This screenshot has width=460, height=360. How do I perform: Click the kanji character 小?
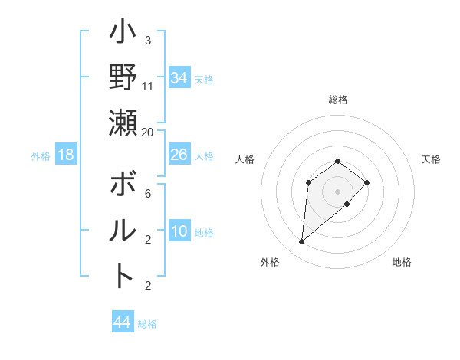click(x=123, y=35)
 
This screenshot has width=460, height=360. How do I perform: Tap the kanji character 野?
click(x=123, y=79)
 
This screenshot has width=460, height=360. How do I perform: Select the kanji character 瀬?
click(x=123, y=123)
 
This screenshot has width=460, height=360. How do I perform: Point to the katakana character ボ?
click(x=123, y=186)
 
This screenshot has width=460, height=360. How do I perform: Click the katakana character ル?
click(x=123, y=230)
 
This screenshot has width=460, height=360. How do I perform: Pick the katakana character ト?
click(x=123, y=274)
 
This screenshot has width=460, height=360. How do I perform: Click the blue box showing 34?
click(x=179, y=78)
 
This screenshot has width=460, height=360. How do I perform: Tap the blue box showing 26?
click(x=179, y=155)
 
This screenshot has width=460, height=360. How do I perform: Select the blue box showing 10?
click(x=179, y=231)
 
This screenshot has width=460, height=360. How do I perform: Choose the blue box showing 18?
click(x=66, y=155)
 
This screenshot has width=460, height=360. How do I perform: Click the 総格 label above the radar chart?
click(x=337, y=100)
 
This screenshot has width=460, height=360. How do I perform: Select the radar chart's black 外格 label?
click(x=270, y=262)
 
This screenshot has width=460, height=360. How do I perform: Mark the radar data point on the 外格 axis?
click(x=301, y=242)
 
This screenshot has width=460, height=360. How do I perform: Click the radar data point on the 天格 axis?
click(x=367, y=182)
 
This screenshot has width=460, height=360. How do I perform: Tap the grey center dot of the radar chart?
click(x=337, y=191)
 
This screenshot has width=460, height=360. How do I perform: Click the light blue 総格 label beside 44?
click(x=147, y=324)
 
